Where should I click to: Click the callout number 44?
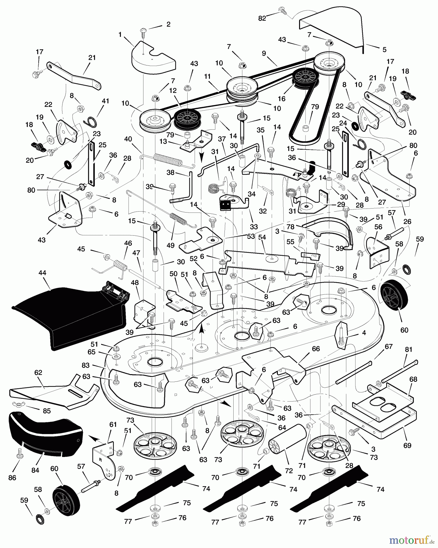[x=42, y=273]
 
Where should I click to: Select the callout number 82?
[x=262, y=18]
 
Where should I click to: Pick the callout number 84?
[x=35, y=470]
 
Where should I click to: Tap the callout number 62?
[x=38, y=373]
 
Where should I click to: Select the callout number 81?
[x=408, y=350]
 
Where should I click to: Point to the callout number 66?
[x=316, y=349]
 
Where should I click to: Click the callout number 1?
[x=120, y=35]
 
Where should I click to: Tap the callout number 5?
[x=384, y=49]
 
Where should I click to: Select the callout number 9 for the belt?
[x=264, y=53]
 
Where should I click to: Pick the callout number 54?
[x=262, y=237]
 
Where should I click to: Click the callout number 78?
[x=290, y=227]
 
